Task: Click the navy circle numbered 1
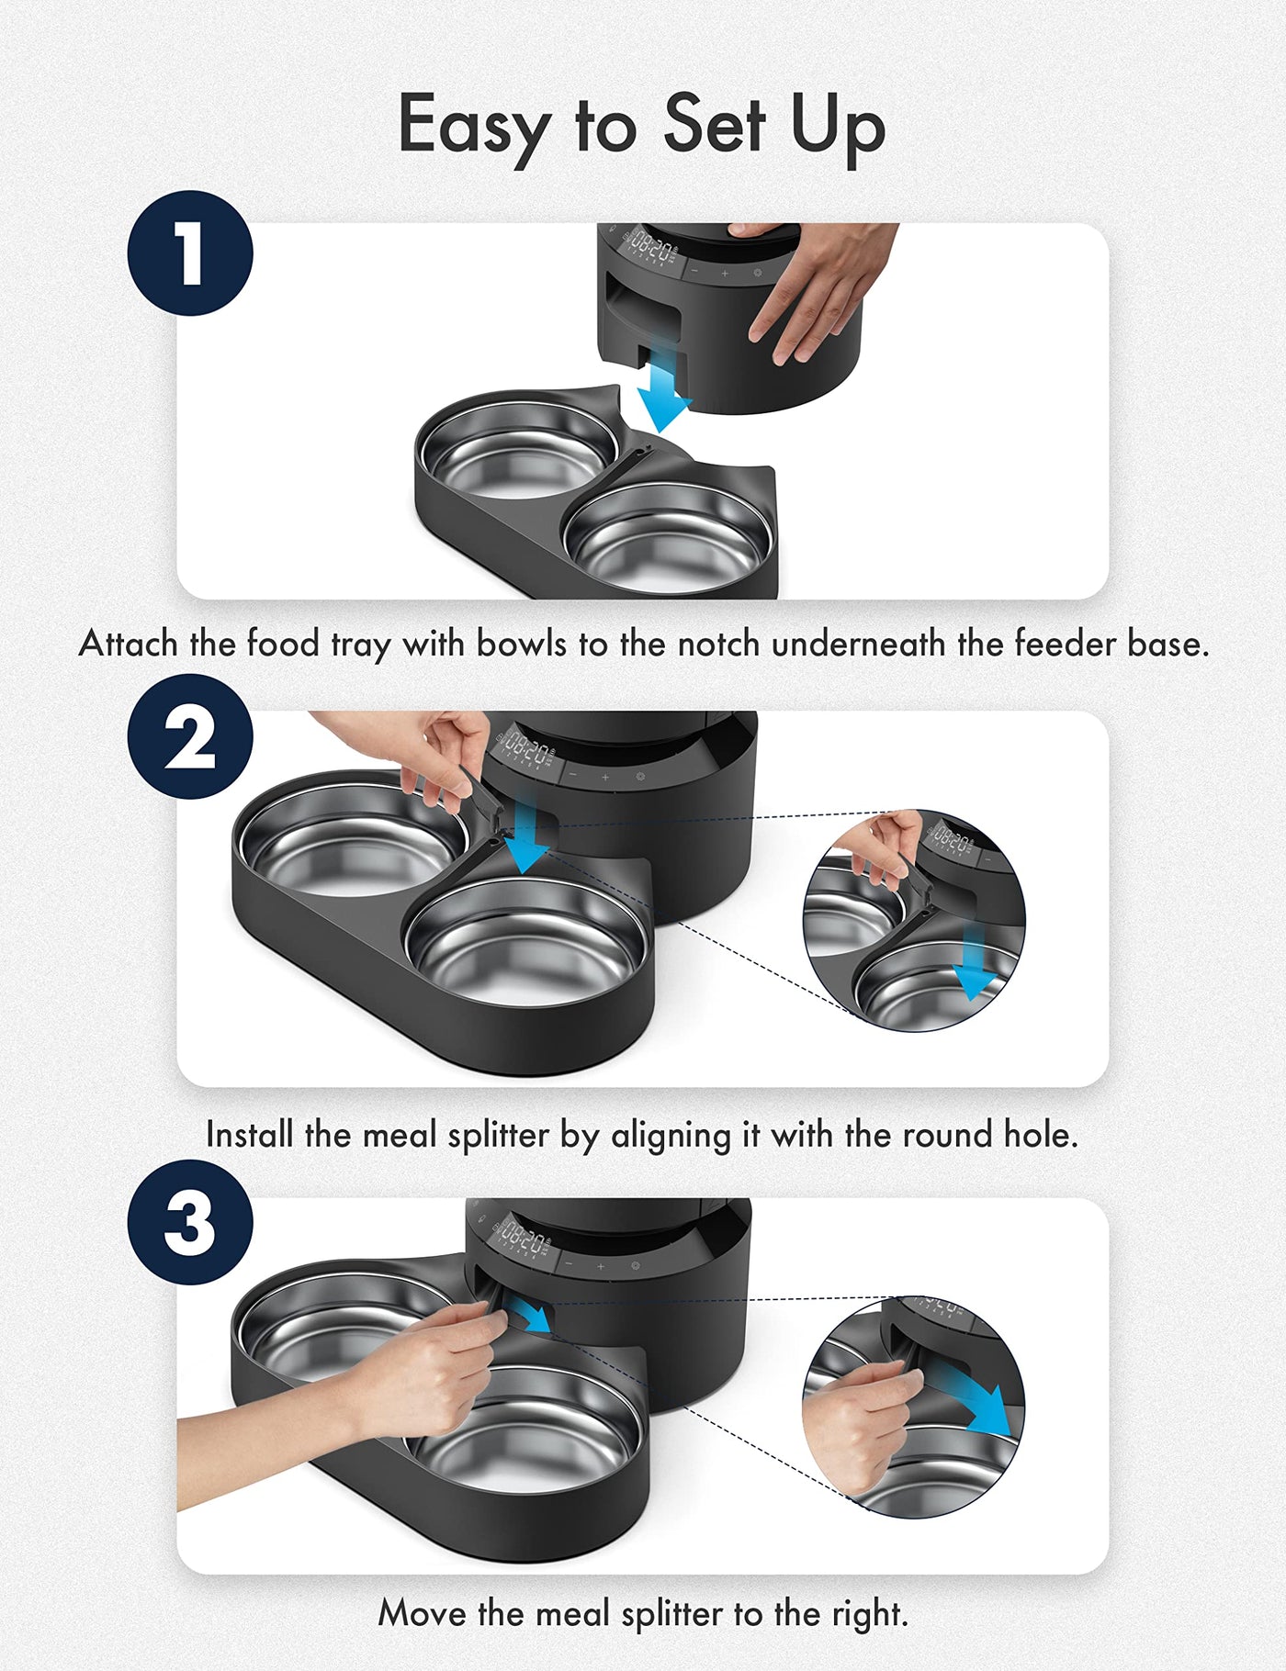(x=190, y=253)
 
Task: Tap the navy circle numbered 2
(x=190, y=737)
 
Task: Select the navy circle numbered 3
(x=190, y=1222)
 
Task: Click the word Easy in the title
(x=472, y=127)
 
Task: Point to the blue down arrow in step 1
(x=664, y=392)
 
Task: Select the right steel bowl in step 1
(x=669, y=537)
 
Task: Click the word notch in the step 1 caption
(x=718, y=644)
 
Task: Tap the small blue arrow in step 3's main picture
(x=531, y=1314)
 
